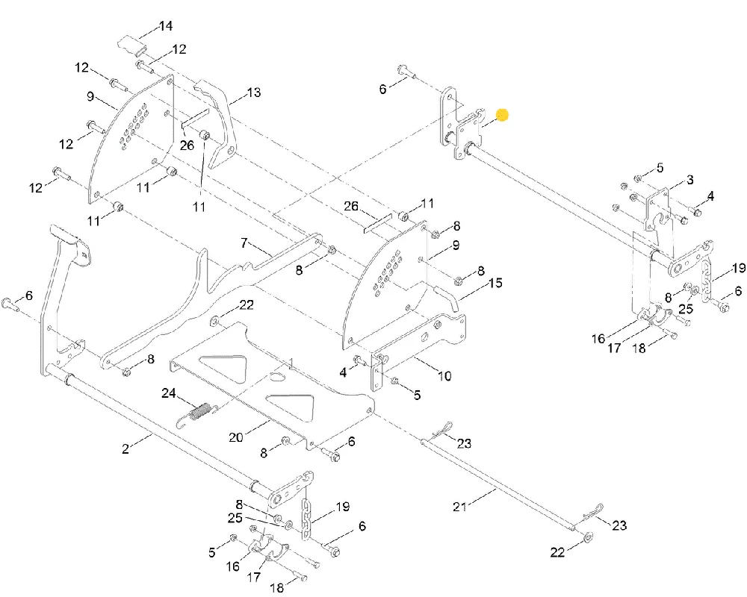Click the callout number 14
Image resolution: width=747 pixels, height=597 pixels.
click(165, 25)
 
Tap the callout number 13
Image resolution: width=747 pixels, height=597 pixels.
click(254, 92)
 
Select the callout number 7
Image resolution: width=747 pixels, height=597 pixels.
click(244, 243)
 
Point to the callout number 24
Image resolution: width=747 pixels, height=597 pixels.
click(169, 393)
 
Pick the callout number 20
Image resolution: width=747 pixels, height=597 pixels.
click(236, 437)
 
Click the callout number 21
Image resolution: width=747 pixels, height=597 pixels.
click(459, 507)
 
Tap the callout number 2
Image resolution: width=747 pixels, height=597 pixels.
click(125, 448)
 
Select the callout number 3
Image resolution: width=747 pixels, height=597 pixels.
click(689, 180)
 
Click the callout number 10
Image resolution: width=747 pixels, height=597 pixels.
click(444, 375)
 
